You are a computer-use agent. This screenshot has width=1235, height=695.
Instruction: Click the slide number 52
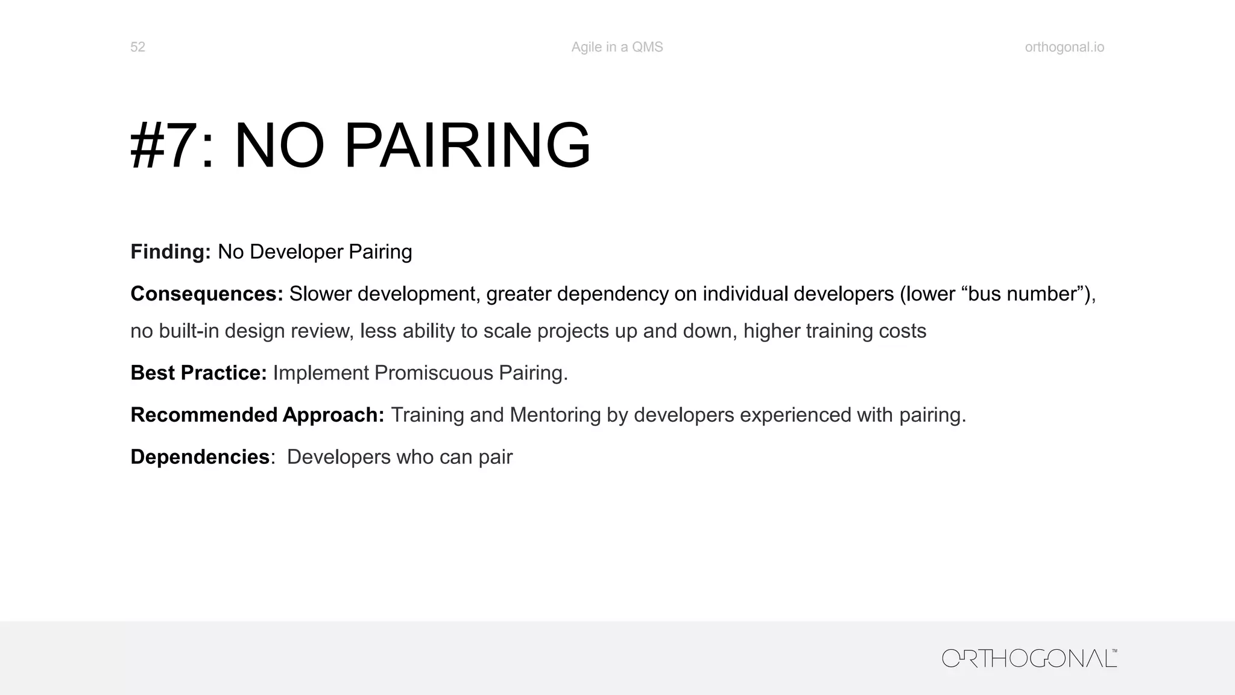pyautogui.click(x=137, y=47)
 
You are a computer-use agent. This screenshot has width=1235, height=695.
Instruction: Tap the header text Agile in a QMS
pyautogui.click(x=617, y=47)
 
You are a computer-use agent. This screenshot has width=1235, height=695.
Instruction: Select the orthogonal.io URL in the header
pyautogui.click(x=1064, y=47)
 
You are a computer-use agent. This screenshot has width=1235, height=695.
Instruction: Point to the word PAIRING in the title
pyautogui.click(x=467, y=146)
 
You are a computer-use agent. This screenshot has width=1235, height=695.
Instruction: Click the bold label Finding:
pyautogui.click(x=171, y=252)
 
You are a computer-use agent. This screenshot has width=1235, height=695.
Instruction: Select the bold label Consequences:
pyautogui.click(x=207, y=294)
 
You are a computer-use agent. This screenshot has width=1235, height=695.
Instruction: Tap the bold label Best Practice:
pyautogui.click(x=198, y=373)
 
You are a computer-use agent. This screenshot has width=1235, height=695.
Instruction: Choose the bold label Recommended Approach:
pyautogui.click(x=257, y=415)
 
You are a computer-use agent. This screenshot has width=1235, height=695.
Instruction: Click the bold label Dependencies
pyautogui.click(x=200, y=457)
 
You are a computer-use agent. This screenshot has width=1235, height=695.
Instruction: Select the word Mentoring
pyautogui.click(x=555, y=415)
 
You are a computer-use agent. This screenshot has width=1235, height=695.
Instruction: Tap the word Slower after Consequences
pyautogui.click(x=320, y=294)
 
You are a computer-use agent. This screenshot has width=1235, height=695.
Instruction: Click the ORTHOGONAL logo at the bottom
pyautogui.click(x=1029, y=658)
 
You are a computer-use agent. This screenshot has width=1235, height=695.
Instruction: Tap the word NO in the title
pyautogui.click(x=279, y=146)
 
